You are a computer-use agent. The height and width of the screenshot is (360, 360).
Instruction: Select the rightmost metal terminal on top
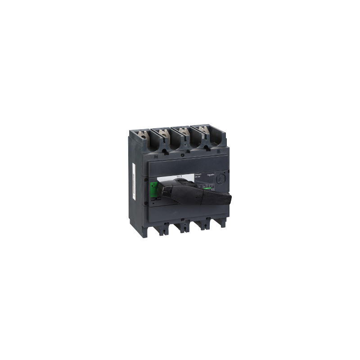pos(203,132)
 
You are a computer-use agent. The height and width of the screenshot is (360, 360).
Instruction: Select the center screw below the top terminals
pos(181,155)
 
